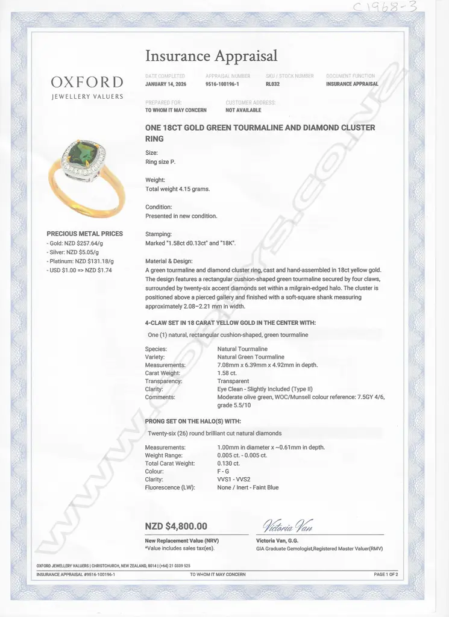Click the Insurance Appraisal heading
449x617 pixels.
pyautogui.click(x=212, y=56)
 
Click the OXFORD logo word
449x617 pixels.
pyautogui.click(x=87, y=82)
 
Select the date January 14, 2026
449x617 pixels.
pyautogui.click(x=166, y=84)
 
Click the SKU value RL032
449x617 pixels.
pyautogui.click(x=272, y=84)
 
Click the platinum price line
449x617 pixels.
pyautogui.click(x=80, y=261)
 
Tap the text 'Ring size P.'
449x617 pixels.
pyautogui.click(x=161, y=162)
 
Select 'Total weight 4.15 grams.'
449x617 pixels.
pyautogui.click(x=178, y=189)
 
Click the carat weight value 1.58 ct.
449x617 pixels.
pyautogui.click(x=227, y=373)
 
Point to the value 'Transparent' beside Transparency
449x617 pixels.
pyautogui.click(x=233, y=381)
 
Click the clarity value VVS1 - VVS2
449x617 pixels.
pyautogui.click(x=234, y=480)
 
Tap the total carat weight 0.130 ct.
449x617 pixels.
pyautogui.click(x=228, y=463)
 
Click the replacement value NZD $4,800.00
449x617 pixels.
pyautogui.click(x=177, y=526)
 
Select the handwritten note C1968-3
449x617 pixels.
pyautogui.click(x=395, y=7)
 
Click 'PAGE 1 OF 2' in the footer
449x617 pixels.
pyautogui.click(x=386, y=575)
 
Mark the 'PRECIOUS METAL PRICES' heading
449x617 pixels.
pyautogui.click(x=84, y=234)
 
